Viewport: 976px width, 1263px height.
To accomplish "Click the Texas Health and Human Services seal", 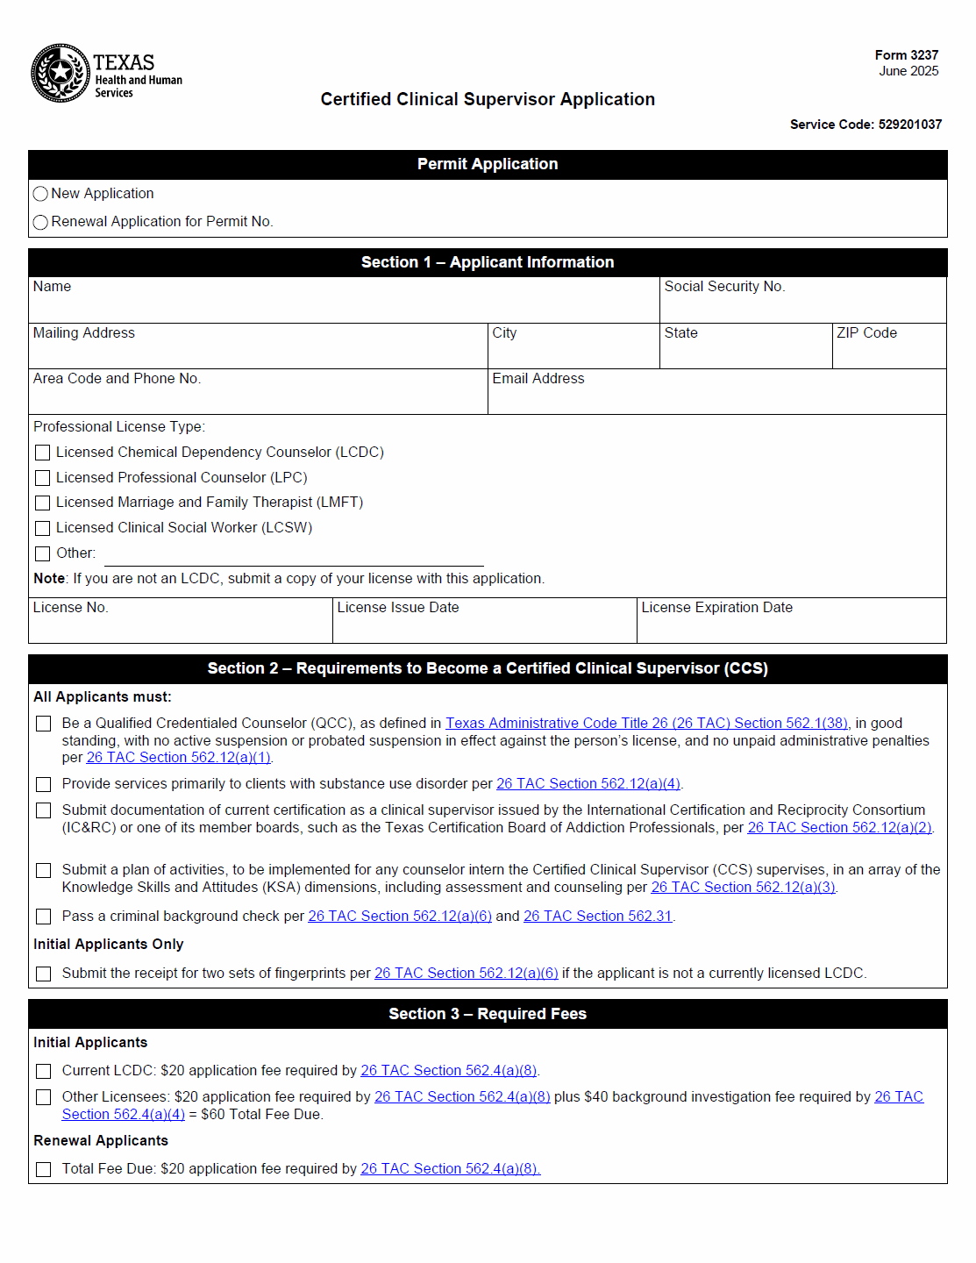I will tap(61, 73).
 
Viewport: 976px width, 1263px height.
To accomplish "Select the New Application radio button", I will tap(40, 194).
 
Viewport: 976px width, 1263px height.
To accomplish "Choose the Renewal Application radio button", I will tap(40, 222).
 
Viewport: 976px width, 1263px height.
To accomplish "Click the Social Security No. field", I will tap(802, 307).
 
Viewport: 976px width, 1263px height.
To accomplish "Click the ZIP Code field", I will tap(888, 353).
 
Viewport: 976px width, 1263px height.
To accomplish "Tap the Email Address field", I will tap(716, 398).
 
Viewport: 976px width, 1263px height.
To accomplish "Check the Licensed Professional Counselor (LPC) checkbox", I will tap(43, 478).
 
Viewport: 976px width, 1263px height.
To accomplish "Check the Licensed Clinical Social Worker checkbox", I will tap(43, 528).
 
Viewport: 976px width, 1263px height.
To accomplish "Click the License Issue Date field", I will tap(484, 627).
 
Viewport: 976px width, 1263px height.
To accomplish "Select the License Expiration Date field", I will tap(791, 627).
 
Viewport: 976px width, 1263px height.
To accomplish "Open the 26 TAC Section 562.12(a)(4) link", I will tap(588, 784).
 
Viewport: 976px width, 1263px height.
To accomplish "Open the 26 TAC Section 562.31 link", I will tap(597, 917).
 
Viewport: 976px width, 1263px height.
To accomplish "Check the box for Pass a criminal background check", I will tap(44, 917).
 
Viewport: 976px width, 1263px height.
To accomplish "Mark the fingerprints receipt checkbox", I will tap(44, 974).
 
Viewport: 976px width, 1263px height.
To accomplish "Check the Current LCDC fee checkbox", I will tap(44, 1071).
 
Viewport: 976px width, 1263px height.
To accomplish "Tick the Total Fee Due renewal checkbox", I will tap(44, 1169).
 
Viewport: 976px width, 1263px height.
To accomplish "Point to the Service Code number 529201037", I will tap(909, 125).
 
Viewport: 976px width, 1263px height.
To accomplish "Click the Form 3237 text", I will tap(906, 55).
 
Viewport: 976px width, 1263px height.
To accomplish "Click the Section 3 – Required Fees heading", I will tap(488, 1014).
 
